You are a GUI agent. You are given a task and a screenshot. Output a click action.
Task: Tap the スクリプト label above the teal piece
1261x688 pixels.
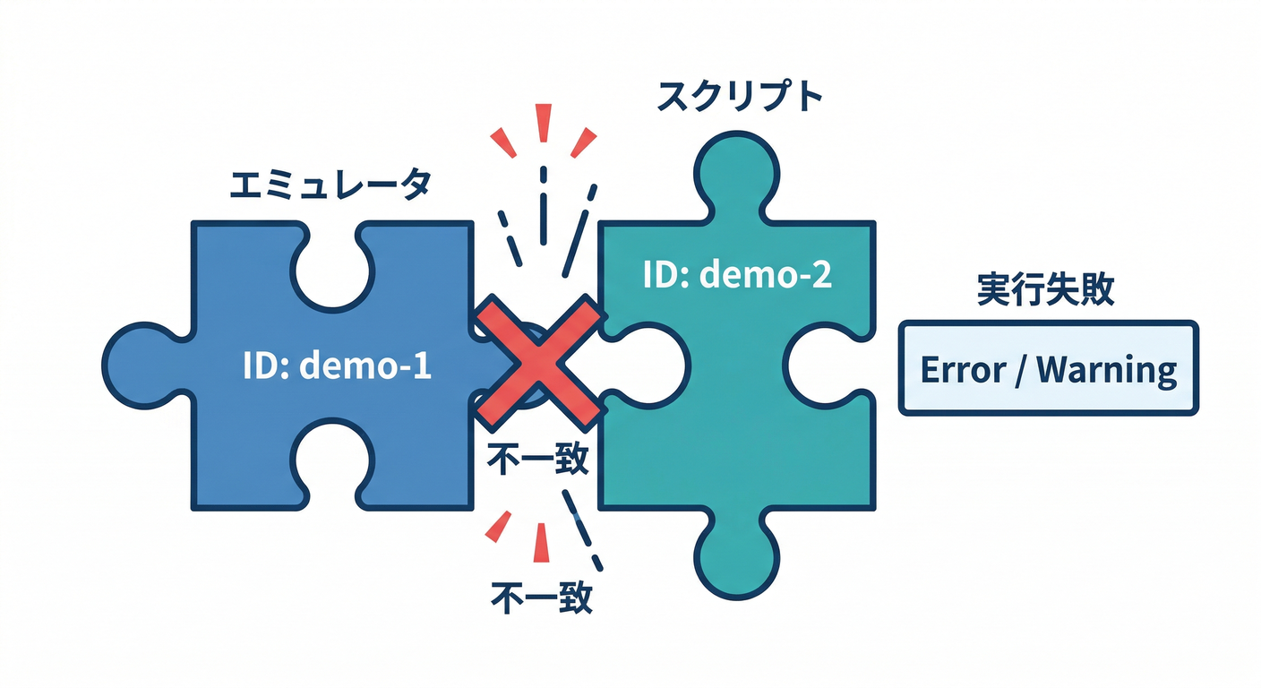739,96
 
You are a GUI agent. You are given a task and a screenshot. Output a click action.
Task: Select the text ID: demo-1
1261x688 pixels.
337,365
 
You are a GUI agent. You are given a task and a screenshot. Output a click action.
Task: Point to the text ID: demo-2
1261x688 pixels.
737,275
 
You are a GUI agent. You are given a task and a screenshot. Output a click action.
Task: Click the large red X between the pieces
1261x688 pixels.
538,363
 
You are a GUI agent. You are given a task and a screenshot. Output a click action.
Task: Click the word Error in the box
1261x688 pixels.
963,369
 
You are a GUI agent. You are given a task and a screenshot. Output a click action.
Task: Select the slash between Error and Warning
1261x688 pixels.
1020,369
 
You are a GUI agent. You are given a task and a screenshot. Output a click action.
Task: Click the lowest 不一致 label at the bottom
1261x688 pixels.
542,597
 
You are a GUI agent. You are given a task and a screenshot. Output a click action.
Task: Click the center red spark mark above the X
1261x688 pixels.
542,123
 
